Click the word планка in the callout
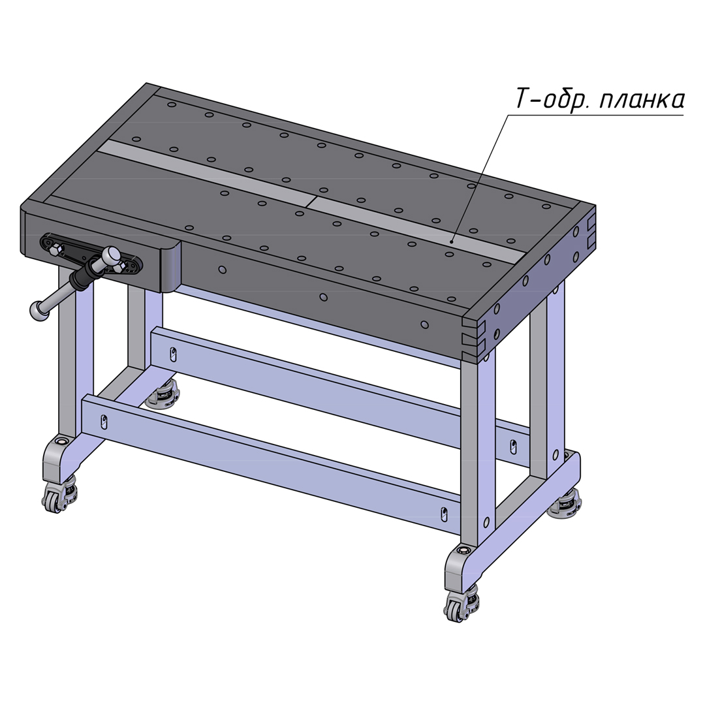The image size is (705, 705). [x=642, y=101]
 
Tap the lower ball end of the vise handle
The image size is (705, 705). [x=38, y=309]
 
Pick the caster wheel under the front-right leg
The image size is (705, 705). [x=454, y=608]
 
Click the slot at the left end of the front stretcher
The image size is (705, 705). [x=104, y=422]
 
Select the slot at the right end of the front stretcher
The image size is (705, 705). [x=444, y=514]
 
